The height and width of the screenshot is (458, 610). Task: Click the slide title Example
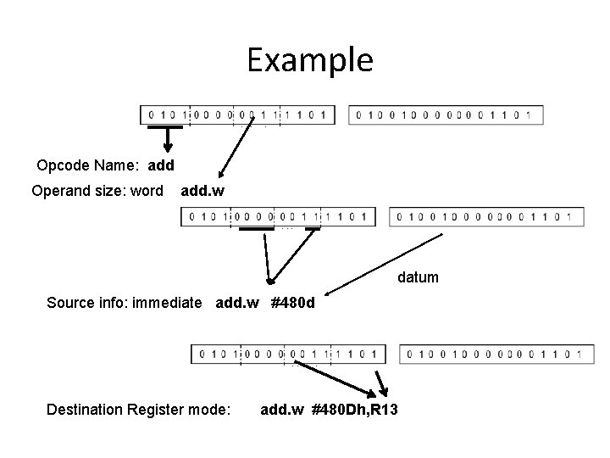(x=309, y=60)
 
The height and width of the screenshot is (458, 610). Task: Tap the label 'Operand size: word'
(x=97, y=191)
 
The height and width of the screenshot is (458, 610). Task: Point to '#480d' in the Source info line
(x=293, y=302)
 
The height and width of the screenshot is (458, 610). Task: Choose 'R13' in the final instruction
(x=383, y=410)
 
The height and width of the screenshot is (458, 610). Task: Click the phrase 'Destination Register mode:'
(x=138, y=410)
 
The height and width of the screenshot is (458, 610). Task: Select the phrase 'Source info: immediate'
(x=125, y=302)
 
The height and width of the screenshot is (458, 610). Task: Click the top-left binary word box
(x=238, y=114)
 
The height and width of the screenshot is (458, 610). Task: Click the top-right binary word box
(x=446, y=114)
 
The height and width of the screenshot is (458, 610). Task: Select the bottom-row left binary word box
(x=288, y=353)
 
